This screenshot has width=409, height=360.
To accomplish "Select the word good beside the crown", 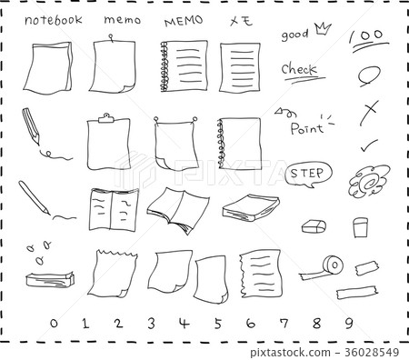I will (294, 35).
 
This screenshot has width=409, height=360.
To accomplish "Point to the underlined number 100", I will (365, 35).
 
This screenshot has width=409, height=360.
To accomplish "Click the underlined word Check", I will (298, 70).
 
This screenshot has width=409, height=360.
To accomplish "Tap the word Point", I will (306, 128).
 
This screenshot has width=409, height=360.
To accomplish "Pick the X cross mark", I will (369, 111).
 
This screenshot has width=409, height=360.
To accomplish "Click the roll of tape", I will (331, 265).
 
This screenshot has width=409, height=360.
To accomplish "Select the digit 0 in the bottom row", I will (54, 323).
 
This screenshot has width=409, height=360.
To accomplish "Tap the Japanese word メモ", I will (241, 20).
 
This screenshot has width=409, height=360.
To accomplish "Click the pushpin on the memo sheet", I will (111, 39).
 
